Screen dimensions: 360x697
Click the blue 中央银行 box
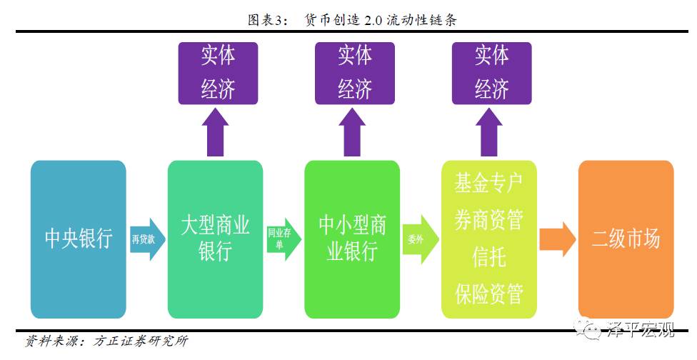(79, 239)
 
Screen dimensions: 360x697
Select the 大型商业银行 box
(215, 239)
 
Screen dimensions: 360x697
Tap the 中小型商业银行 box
(353, 239)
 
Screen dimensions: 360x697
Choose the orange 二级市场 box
(626, 239)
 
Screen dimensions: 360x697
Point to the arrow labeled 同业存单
(284, 239)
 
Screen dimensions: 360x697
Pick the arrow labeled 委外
(419, 239)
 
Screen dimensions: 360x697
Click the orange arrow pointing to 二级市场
(557, 239)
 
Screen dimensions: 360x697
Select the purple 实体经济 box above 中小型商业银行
(355, 72)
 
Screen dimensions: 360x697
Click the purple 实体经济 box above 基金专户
(492, 72)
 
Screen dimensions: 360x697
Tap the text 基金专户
(489, 183)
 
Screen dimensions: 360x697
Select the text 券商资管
(489, 220)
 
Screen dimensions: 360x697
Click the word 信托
(489, 256)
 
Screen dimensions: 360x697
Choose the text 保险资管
(489, 293)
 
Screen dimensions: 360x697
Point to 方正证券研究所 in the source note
(141, 341)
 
